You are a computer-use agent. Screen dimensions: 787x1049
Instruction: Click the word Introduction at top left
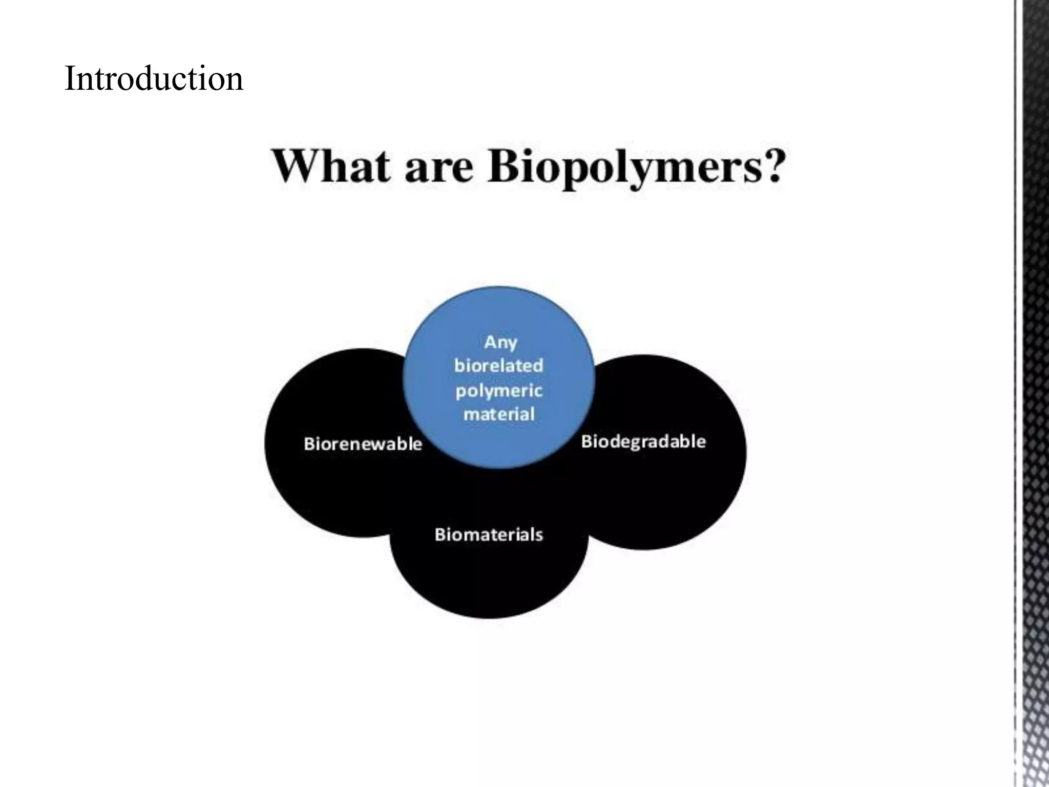click(154, 79)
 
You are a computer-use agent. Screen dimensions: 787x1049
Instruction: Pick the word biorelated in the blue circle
click(499, 365)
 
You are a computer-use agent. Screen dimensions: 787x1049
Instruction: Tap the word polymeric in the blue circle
click(499, 391)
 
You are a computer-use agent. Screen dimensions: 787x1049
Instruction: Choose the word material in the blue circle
click(499, 414)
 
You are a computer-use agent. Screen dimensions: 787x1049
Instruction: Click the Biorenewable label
click(363, 444)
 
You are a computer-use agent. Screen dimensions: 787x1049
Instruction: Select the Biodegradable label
click(643, 441)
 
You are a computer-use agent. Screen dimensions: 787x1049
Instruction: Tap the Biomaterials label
click(489, 535)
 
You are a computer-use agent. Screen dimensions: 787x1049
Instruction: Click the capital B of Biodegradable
click(587, 441)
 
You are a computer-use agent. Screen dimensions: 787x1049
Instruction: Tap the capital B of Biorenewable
click(309, 444)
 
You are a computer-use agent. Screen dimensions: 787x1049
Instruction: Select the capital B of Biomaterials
click(440, 535)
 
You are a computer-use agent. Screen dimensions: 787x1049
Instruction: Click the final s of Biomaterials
click(539, 535)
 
